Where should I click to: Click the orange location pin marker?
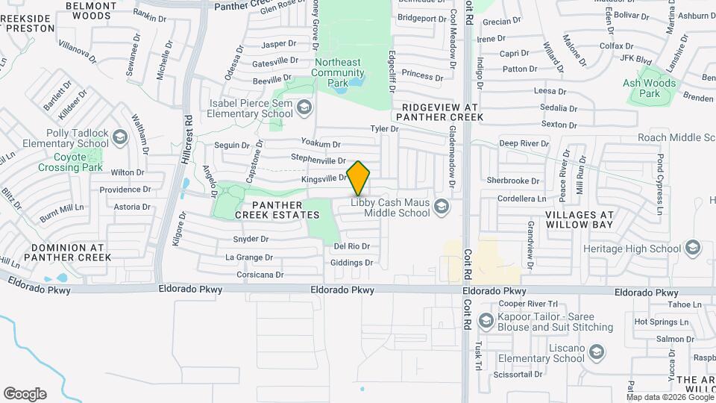tap(359, 178)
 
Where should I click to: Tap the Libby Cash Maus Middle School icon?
tap(441, 206)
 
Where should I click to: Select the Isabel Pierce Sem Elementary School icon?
tap(304, 109)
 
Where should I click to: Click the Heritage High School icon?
tap(692, 248)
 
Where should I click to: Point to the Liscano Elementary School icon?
tap(596, 352)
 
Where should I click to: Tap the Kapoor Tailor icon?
tap(486, 321)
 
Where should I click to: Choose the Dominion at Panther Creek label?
tap(67, 252)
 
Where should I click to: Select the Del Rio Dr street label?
tap(352, 246)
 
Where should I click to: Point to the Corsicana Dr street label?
tap(254, 275)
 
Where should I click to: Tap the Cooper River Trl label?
tap(528, 304)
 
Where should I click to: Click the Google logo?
tap(25, 394)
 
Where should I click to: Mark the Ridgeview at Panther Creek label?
tap(439, 112)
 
